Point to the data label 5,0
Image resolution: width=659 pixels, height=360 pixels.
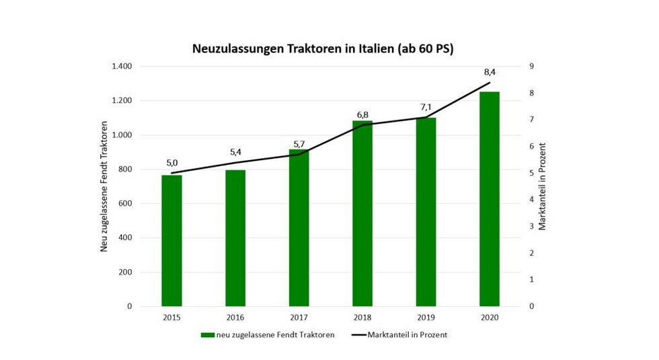pyautogui.click(x=171, y=162)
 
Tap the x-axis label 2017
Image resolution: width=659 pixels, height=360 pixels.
pyautogui.click(x=299, y=318)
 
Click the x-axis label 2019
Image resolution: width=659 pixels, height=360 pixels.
pyautogui.click(x=426, y=318)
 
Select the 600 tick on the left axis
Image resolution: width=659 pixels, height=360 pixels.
pyautogui.click(x=124, y=204)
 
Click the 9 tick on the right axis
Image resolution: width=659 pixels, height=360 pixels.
pyautogui.click(x=531, y=67)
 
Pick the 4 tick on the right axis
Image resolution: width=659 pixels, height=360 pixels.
pyautogui.click(x=531, y=200)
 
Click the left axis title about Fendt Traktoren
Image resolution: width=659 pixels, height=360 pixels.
pyautogui.click(x=104, y=186)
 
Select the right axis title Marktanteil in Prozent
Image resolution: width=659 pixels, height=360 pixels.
pyautogui.click(x=543, y=186)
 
